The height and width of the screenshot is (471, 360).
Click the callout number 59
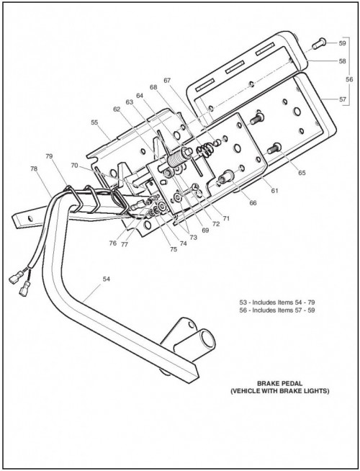coord(342,43)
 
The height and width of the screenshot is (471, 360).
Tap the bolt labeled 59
coord(319,44)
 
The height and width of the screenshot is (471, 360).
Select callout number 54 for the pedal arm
coord(107,279)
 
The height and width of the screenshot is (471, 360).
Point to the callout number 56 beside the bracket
coord(349,80)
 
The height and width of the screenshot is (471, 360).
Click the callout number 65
coord(302,173)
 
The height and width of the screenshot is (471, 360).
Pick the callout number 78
coord(34,169)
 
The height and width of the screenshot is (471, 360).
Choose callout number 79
coord(49,156)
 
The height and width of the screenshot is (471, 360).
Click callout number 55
coord(94,122)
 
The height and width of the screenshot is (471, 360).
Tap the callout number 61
coord(275,190)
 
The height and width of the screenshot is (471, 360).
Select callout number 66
coord(253,203)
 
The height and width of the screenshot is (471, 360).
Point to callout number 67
coord(167,81)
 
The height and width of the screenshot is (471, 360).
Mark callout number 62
coord(117,109)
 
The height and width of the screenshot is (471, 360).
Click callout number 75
coord(174,249)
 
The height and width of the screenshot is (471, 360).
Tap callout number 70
coord(74,165)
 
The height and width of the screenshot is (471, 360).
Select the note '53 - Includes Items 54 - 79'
coord(277,302)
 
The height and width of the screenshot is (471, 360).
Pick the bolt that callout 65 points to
coord(274,148)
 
